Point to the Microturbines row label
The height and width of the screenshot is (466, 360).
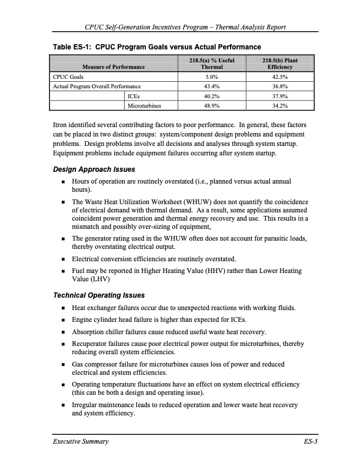[144, 106]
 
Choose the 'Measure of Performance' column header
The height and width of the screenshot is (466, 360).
[114, 67]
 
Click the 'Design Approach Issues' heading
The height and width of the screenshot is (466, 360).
[94, 170]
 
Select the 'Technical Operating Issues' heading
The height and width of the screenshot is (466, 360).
[99, 295]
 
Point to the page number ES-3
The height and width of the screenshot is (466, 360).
[309, 441]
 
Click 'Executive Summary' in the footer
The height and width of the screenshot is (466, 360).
[79, 441]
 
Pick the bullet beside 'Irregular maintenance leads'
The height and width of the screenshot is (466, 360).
[62, 405]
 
